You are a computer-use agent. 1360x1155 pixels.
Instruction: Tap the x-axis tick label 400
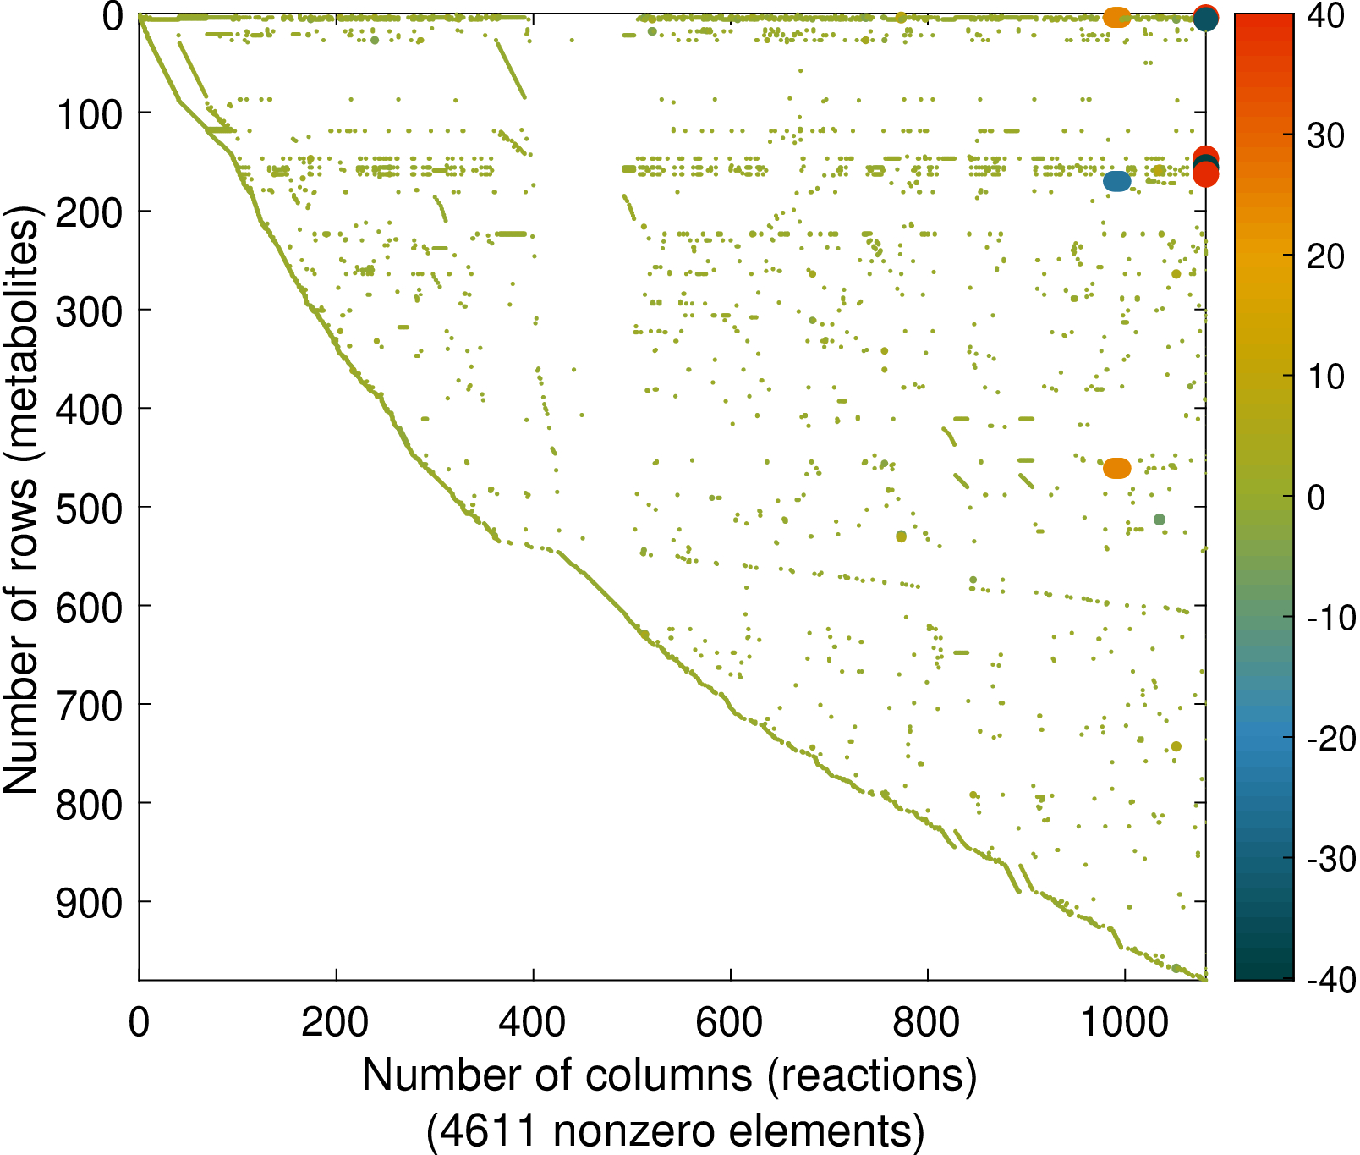[x=532, y=1022]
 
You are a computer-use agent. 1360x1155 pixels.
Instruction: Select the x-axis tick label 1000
[x=1125, y=1022]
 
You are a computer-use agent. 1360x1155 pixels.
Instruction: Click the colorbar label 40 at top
[x=1325, y=15]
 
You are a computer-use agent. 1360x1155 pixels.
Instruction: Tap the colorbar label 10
[x=1325, y=377]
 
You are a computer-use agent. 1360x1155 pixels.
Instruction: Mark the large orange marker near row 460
[x=1117, y=468]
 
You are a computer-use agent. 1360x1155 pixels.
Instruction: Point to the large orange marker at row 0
[x=1117, y=17]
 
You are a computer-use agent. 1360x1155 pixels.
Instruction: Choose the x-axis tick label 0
[x=139, y=1022]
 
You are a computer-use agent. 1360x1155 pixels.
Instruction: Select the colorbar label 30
[x=1325, y=135]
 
